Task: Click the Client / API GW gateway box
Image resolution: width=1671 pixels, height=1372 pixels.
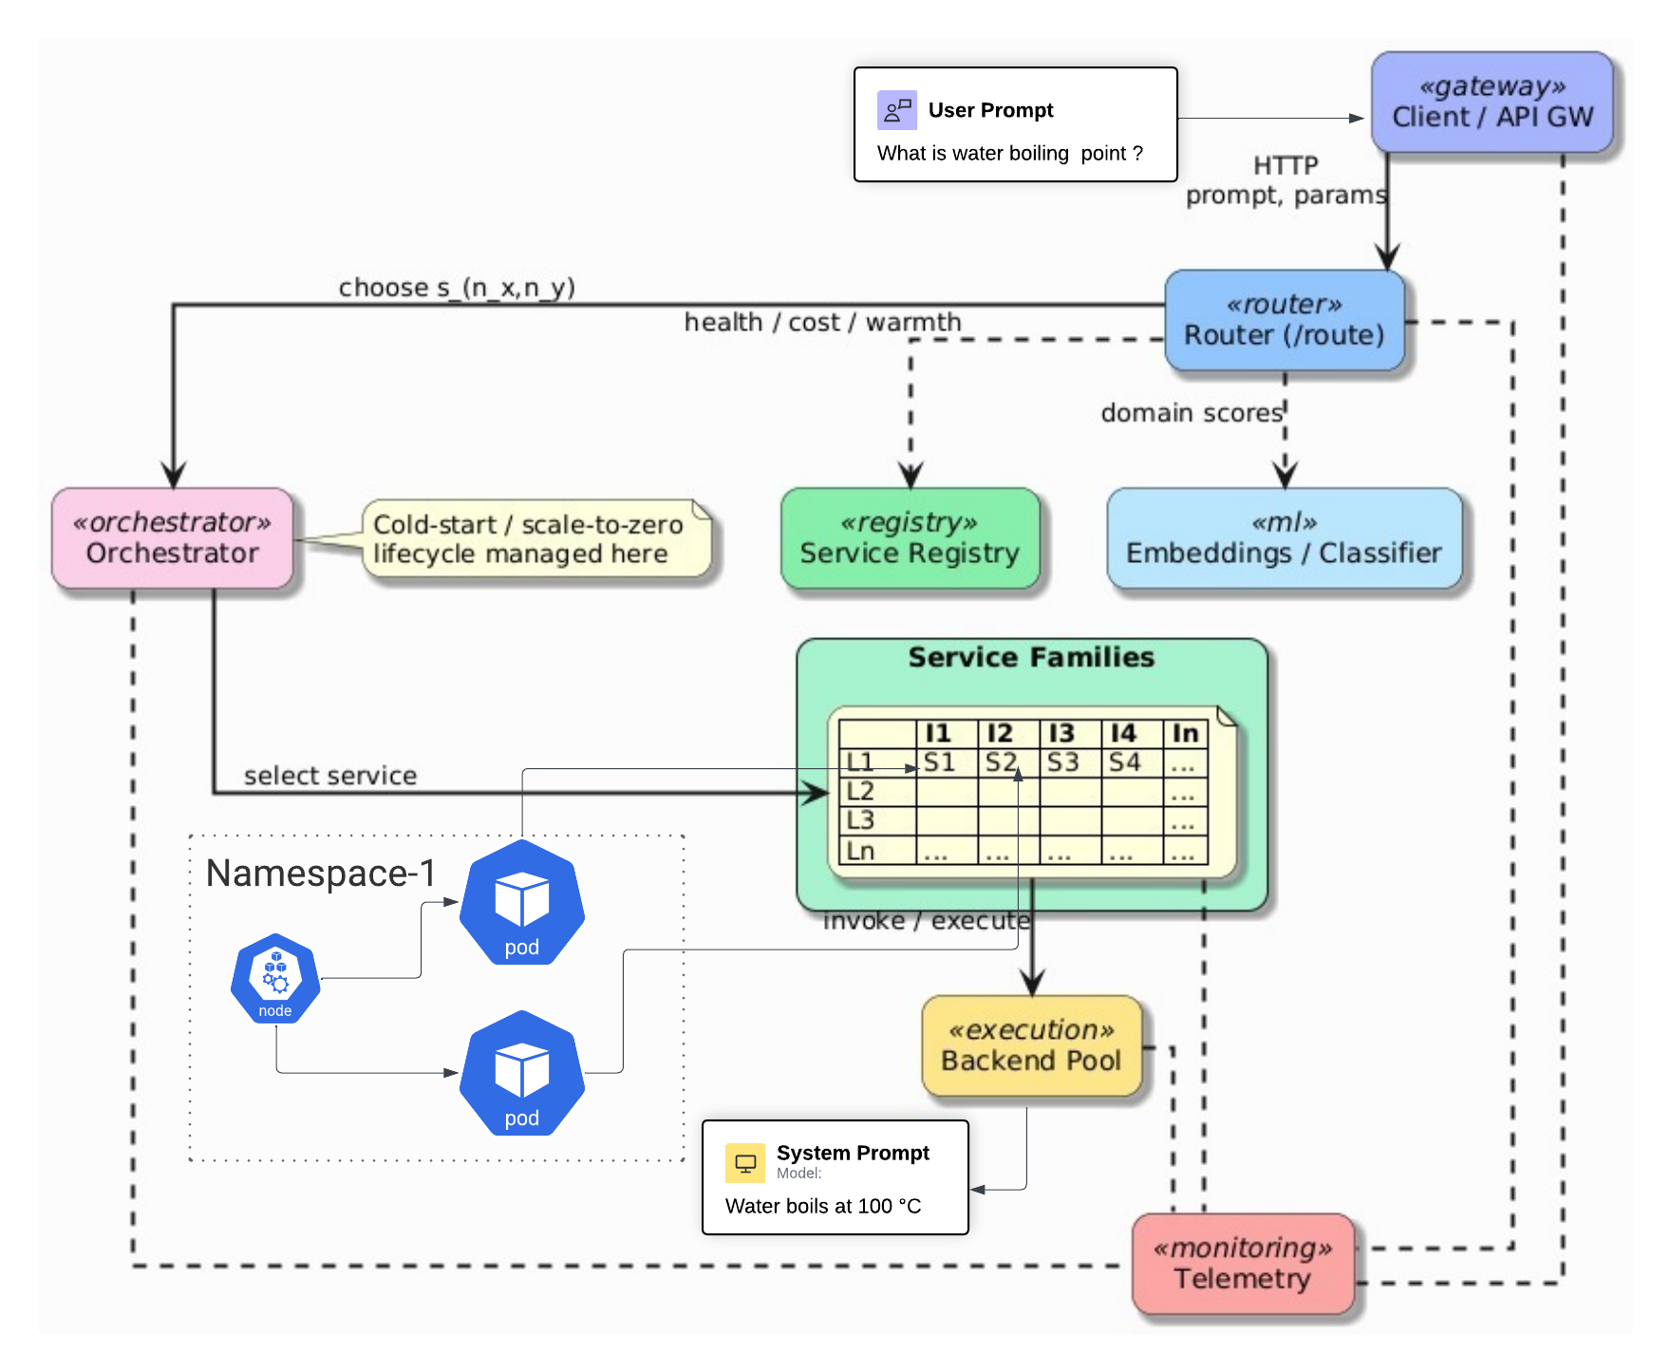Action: click(x=1492, y=103)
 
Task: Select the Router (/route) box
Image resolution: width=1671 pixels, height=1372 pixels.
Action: click(x=1284, y=320)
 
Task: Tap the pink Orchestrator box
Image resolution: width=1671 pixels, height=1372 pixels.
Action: click(x=172, y=538)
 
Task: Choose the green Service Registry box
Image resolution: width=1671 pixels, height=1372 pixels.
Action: click(x=910, y=538)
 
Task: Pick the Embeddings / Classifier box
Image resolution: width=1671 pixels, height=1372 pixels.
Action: click(x=1284, y=538)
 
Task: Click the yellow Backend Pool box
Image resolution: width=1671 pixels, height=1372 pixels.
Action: click(x=1031, y=1045)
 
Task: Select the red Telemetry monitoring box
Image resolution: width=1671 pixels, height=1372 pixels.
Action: click(x=1242, y=1264)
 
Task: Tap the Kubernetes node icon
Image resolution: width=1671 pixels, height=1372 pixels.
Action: click(x=275, y=979)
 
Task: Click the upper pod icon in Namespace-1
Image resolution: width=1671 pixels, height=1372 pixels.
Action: click(x=521, y=903)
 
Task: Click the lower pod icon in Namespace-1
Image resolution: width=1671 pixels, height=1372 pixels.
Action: click(x=521, y=1074)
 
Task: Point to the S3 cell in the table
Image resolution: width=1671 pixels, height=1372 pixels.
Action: click(x=1062, y=762)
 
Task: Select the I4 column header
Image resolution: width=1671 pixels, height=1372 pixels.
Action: click(x=1123, y=733)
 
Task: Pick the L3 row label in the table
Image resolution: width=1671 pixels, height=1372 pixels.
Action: click(x=860, y=820)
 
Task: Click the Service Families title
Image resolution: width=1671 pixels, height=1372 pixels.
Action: click(x=1031, y=657)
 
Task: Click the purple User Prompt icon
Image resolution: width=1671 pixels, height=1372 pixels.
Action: click(x=896, y=110)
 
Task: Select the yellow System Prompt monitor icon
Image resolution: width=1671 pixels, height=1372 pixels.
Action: click(x=745, y=1163)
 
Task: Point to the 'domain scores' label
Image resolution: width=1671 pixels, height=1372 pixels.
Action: click(x=1192, y=413)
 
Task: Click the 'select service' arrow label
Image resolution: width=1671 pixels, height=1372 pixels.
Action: click(x=330, y=776)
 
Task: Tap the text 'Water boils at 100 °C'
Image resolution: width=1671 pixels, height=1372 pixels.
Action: click(x=823, y=1206)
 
